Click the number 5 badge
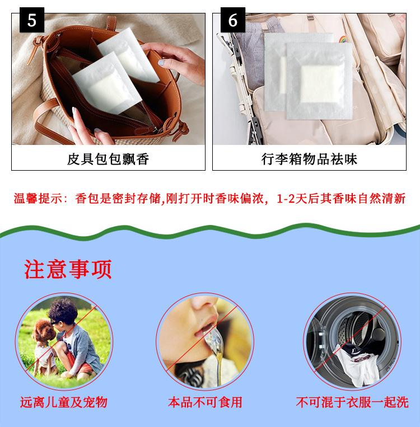tap(31, 20)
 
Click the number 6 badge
tap(233, 20)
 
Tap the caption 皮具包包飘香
tap(108, 159)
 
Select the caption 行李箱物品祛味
tap(309, 159)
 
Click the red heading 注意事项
tap(68, 269)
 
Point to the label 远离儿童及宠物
tap(64, 402)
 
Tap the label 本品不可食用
tap(205, 402)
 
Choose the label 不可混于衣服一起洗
tap(352, 402)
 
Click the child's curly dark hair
tap(63, 311)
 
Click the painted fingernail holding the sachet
tap(162, 63)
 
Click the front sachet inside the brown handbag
tap(107, 83)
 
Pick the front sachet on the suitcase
tap(319, 81)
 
